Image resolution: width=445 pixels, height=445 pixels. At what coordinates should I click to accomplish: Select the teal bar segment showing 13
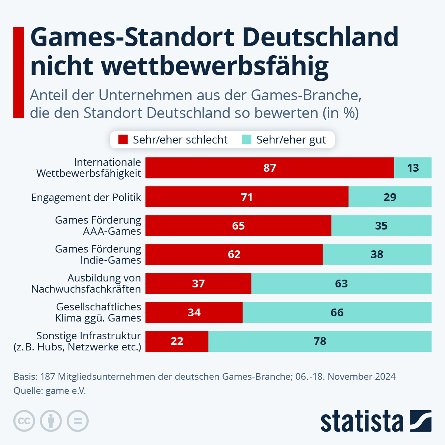[x=413, y=168]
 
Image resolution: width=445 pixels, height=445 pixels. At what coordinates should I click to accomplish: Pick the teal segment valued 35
[x=381, y=226]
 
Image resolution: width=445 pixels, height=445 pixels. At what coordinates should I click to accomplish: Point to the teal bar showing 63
[x=341, y=284]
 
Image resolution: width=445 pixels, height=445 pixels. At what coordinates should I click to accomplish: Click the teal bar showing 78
[x=320, y=341]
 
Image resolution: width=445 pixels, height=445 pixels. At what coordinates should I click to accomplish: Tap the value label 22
[x=177, y=341]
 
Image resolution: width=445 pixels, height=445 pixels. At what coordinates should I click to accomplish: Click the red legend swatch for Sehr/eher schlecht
[x=123, y=140]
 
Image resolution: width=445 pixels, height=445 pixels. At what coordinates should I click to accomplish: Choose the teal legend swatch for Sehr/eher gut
[x=247, y=140]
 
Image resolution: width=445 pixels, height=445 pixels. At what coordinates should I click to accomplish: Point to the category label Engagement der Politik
[x=86, y=197]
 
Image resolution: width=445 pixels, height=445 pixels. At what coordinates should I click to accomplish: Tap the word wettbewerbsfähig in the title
[x=215, y=66]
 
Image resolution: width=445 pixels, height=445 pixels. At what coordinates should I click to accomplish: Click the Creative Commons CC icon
[x=24, y=421]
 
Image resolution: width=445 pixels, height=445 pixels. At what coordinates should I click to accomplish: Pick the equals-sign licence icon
[x=78, y=421]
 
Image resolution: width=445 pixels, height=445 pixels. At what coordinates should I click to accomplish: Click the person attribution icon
[x=51, y=421]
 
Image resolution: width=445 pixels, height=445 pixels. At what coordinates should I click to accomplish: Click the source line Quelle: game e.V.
[x=50, y=391]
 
